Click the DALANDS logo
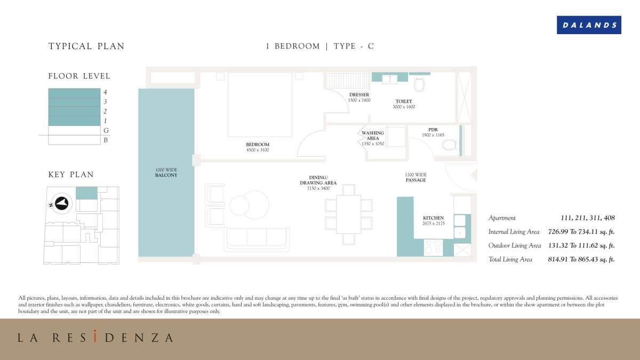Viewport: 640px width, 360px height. [589, 25]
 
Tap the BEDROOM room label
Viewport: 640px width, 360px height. [258, 145]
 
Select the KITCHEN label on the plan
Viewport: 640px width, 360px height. [434, 218]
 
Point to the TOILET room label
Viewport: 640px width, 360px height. [404, 101]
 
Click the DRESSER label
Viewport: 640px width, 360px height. [359, 94]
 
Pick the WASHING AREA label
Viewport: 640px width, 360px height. [373, 135]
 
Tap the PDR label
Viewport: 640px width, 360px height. [433, 130]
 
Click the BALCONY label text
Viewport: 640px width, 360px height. [166, 175]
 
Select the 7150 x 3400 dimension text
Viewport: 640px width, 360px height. [318, 188]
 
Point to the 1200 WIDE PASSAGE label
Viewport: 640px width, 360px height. [415, 177]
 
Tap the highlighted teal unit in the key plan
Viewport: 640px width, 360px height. [86, 193]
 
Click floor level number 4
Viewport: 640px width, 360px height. [105, 92]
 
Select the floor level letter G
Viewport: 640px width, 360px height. [106, 131]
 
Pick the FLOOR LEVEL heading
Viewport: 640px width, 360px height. [79, 76]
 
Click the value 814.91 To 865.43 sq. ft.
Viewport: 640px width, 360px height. [581, 259]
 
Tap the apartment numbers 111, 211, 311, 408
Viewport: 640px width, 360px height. [588, 218]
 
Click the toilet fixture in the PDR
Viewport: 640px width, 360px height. [450, 145]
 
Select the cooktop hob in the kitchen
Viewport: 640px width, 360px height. [433, 247]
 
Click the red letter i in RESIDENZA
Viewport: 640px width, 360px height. [95, 336]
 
